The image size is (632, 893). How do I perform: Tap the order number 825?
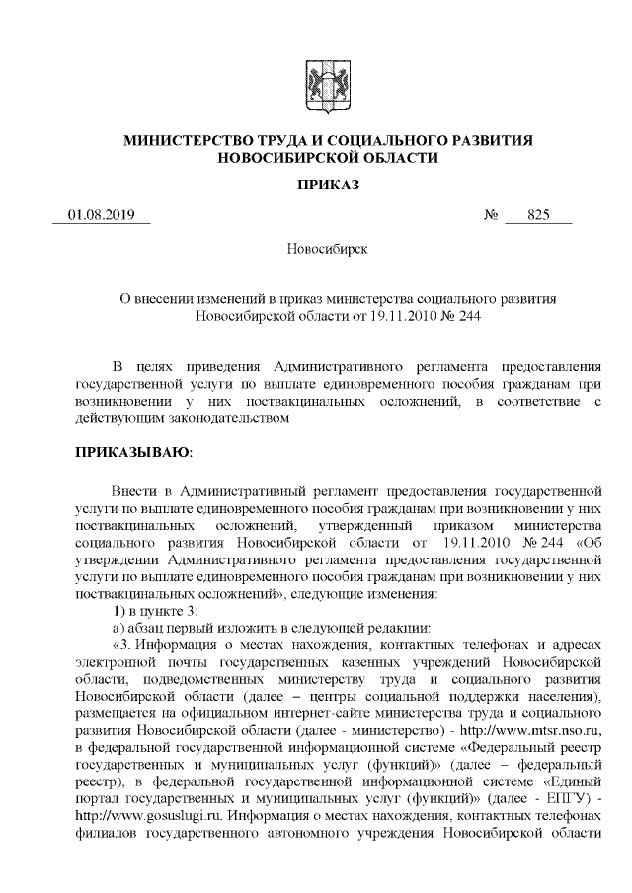[538, 215]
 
